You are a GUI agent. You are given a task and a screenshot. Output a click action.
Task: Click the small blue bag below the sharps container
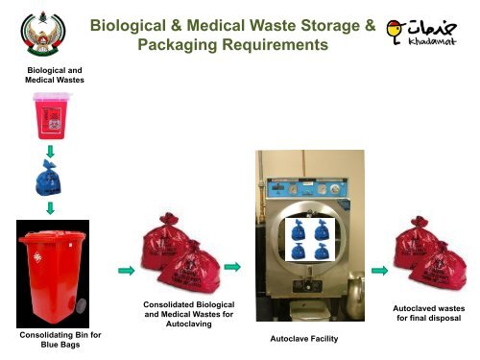tap(47, 180)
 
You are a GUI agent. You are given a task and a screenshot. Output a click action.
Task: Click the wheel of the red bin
tap(80, 306)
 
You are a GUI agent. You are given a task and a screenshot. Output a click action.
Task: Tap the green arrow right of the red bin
tap(124, 271)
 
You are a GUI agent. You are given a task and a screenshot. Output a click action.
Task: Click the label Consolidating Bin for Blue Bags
tap(54, 339)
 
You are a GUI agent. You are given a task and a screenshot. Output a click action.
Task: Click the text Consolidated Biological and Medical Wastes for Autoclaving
tap(187, 314)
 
